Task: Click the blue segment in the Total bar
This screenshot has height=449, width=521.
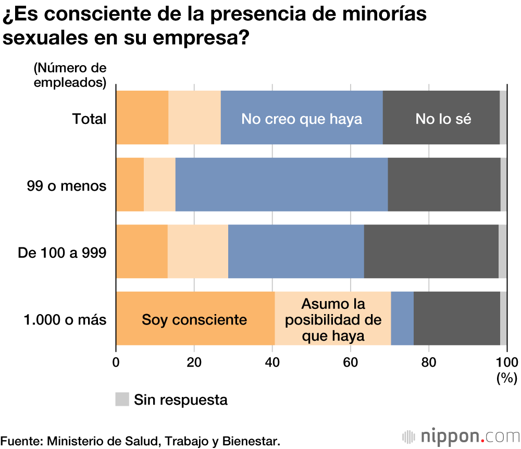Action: point(302,118)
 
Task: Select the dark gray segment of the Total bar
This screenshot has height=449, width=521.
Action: point(441,118)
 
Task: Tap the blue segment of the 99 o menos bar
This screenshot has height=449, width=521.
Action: point(281,184)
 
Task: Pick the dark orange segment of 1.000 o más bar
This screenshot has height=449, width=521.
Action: point(195,319)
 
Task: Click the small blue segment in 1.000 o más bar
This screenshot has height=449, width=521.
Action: point(402,319)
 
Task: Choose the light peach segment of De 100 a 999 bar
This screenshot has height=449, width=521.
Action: point(198,252)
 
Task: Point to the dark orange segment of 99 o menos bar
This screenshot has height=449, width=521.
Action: point(130,184)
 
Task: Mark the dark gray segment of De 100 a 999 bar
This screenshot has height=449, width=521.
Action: point(431,252)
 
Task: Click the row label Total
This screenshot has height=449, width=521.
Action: point(89,119)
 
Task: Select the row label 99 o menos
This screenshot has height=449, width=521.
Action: point(67,185)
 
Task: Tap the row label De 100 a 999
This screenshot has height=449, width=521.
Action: point(62,253)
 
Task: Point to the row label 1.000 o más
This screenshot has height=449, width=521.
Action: point(65,320)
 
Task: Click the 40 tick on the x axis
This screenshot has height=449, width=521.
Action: point(272,362)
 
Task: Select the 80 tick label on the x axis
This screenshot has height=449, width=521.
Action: point(428,362)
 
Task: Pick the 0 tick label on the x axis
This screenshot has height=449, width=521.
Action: point(116,362)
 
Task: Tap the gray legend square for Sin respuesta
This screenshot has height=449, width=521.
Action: point(122,399)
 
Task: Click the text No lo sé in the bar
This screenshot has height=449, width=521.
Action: point(443,119)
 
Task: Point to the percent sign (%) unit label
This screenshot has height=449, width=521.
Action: point(506,378)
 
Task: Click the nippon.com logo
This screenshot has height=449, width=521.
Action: point(461,435)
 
